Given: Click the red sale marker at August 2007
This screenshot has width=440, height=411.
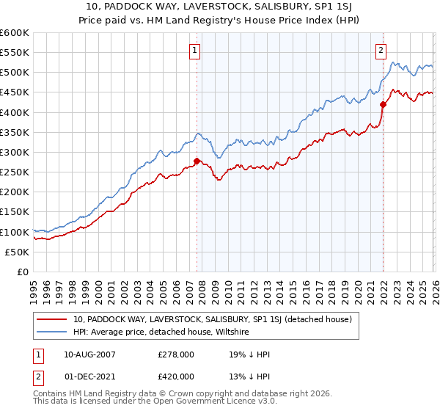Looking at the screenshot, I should pyautogui.click(x=197, y=161).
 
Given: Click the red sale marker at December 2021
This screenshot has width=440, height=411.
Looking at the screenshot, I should pyautogui.click(x=383, y=104).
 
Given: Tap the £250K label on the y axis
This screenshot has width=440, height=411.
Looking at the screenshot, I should pyautogui.click(x=15, y=172).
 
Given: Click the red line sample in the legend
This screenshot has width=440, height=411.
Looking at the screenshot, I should pyautogui.click(x=52, y=319).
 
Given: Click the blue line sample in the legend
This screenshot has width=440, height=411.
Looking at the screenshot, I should pyautogui.click(x=52, y=332).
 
